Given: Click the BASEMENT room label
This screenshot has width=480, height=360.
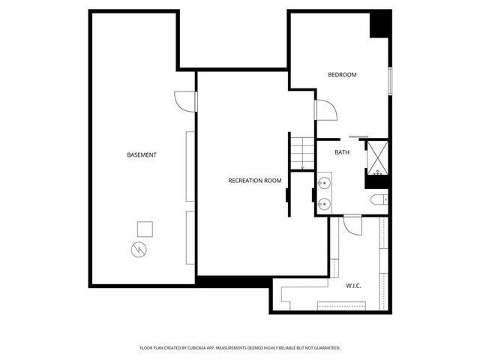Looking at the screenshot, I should point(142,155).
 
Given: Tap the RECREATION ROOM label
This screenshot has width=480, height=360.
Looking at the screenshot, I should point(255,180).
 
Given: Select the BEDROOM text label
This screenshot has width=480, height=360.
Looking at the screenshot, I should point(342,75).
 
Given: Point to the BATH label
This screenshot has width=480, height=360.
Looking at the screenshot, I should point(342,152).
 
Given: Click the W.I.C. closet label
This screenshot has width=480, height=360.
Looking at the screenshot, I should point(354,285).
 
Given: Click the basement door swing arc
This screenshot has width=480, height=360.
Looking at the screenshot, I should point(184,100).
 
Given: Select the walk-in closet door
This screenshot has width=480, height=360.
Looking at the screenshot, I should point(352,224).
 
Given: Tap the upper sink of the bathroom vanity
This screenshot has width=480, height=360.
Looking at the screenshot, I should point(325,182).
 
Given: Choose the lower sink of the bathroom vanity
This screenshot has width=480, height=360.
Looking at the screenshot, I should point(325,203).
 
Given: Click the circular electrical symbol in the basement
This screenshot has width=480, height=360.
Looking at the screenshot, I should point(139,249).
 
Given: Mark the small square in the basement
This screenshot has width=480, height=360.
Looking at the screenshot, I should point(145,228).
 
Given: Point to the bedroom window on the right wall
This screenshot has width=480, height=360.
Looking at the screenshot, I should point(390,81).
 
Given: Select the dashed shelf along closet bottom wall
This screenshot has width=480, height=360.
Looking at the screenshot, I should point(342,305).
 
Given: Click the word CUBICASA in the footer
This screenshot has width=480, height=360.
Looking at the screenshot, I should point(207,348).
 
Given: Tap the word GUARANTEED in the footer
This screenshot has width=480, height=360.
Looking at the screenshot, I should point(324,348).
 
